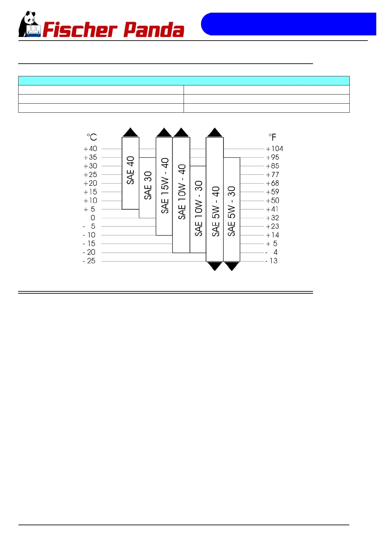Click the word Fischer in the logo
[80, 30]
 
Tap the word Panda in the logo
[154, 30]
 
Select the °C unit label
[92, 137]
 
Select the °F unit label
[272, 137]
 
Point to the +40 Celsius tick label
[90, 149]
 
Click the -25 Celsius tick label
[89, 261]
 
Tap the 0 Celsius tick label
[93, 218]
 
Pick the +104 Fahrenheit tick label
[274, 149]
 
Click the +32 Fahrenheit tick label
[272, 218]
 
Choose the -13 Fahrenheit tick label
[271, 261]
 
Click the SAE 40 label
[130, 170]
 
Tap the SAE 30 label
[148, 185]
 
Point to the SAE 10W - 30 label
[198, 208]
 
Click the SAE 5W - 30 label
[231, 211]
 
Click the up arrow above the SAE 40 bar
[131, 133]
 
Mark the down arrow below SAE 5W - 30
[232, 266]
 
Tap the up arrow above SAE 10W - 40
[181, 133]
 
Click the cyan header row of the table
[184, 81]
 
